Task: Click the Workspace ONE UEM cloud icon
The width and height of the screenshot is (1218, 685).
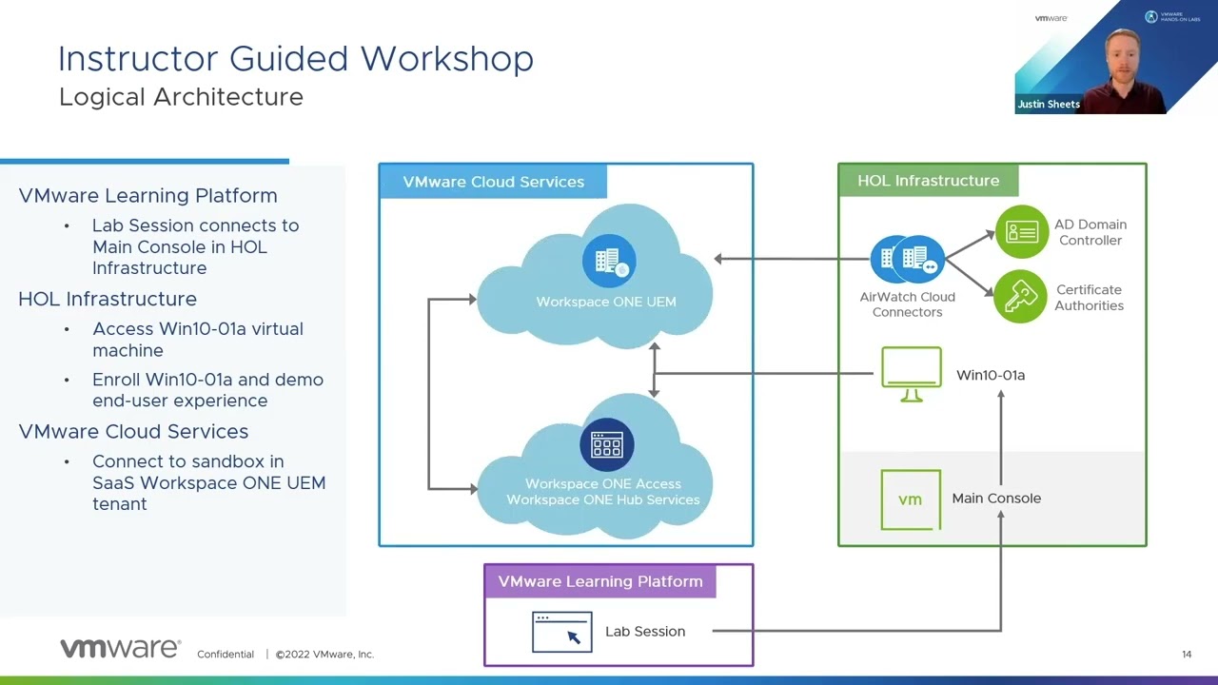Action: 609,260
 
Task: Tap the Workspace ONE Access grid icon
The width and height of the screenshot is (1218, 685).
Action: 607,444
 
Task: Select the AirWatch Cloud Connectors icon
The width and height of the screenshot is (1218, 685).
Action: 908,259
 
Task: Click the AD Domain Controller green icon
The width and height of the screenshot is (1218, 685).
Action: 1021,231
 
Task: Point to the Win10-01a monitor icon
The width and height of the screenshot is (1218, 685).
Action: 912,374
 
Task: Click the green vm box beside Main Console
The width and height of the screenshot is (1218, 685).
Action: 911,499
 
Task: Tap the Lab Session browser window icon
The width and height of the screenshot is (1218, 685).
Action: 562,632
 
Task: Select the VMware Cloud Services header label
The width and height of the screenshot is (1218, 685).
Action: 493,182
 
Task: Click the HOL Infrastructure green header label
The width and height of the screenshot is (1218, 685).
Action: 928,181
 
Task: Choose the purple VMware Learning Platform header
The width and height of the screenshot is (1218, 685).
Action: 599,581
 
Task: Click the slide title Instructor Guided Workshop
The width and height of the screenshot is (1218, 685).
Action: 296,59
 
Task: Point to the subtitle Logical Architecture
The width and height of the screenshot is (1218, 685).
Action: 181,97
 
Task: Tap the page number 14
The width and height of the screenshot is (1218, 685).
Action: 1187,655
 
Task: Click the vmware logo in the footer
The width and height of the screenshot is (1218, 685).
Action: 120,649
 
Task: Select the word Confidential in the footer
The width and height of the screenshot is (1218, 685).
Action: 226,655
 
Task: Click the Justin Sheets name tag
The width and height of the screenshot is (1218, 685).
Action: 1049,105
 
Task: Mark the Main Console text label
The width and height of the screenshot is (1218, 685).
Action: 996,499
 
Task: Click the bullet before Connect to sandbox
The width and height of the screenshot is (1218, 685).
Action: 67,461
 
